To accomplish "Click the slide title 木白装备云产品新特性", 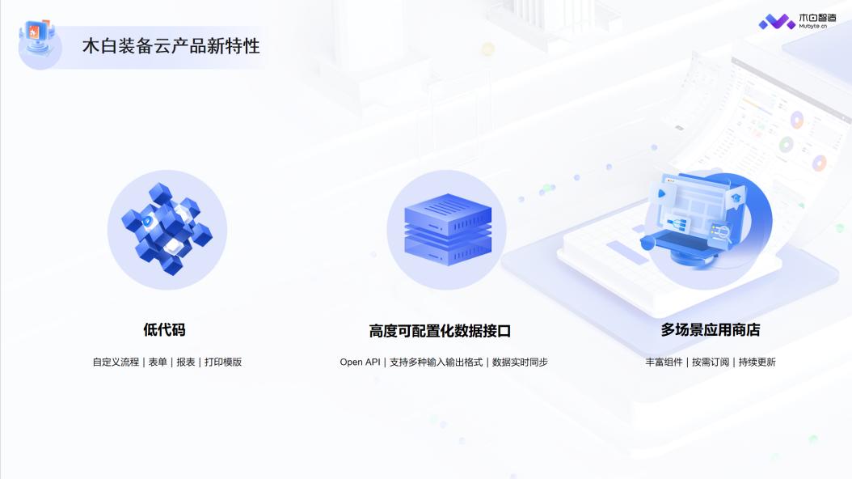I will pyautogui.click(x=171, y=46).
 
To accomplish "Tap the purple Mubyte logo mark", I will pyautogui.click(x=777, y=22).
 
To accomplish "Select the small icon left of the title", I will pyautogui.click(x=40, y=42).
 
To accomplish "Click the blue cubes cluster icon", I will pyautogui.click(x=167, y=229).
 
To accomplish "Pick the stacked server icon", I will pyautogui.click(x=446, y=230).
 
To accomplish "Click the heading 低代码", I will pyautogui.click(x=164, y=330).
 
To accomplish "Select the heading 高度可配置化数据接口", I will pyautogui.click(x=440, y=331).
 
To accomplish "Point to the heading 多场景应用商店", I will pyautogui.click(x=710, y=330).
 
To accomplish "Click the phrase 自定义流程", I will pyautogui.click(x=116, y=362).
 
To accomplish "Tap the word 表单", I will pyautogui.click(x=158, y=362).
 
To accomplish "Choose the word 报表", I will pyautogui.click(x=186, y=362).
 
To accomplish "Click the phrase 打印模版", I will pyautogui.click(x=223, y=362).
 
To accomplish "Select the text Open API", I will pyautogui.click(x=360, y=362).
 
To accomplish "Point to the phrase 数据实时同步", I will pyautogui.click(x=520, y=362).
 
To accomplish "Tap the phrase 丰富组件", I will pyautogui.click(x=664, y=362).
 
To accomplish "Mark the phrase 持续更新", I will pyautogui.click(x=757, y=362).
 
